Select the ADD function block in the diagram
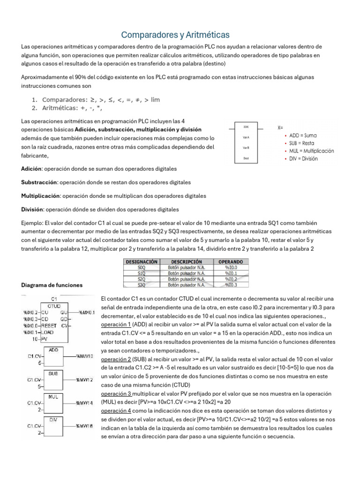pyautogui.click(x=53, y=356)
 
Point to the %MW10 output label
pyautogui.click(x=85, y=357)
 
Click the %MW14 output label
pyautogui.click(x=85, y=403)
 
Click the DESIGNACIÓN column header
pyautogui.click(x=142, y=262)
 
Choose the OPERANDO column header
pyautogui.click(x=231, y=262)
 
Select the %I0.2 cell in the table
pyautogui.click(x=231, y=279)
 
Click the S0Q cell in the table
pyautogui.click(x=142, y=267)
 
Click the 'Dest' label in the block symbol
pyautogui.click(x=246, y=158)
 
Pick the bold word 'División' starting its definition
pyautogui.click(x=32, y=209)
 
